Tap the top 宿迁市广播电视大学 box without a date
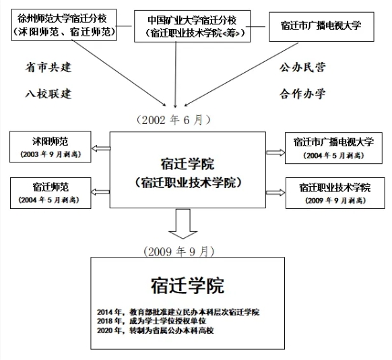320,26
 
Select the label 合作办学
303,93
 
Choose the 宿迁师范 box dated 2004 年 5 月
49,191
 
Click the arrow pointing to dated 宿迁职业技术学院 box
274,192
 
